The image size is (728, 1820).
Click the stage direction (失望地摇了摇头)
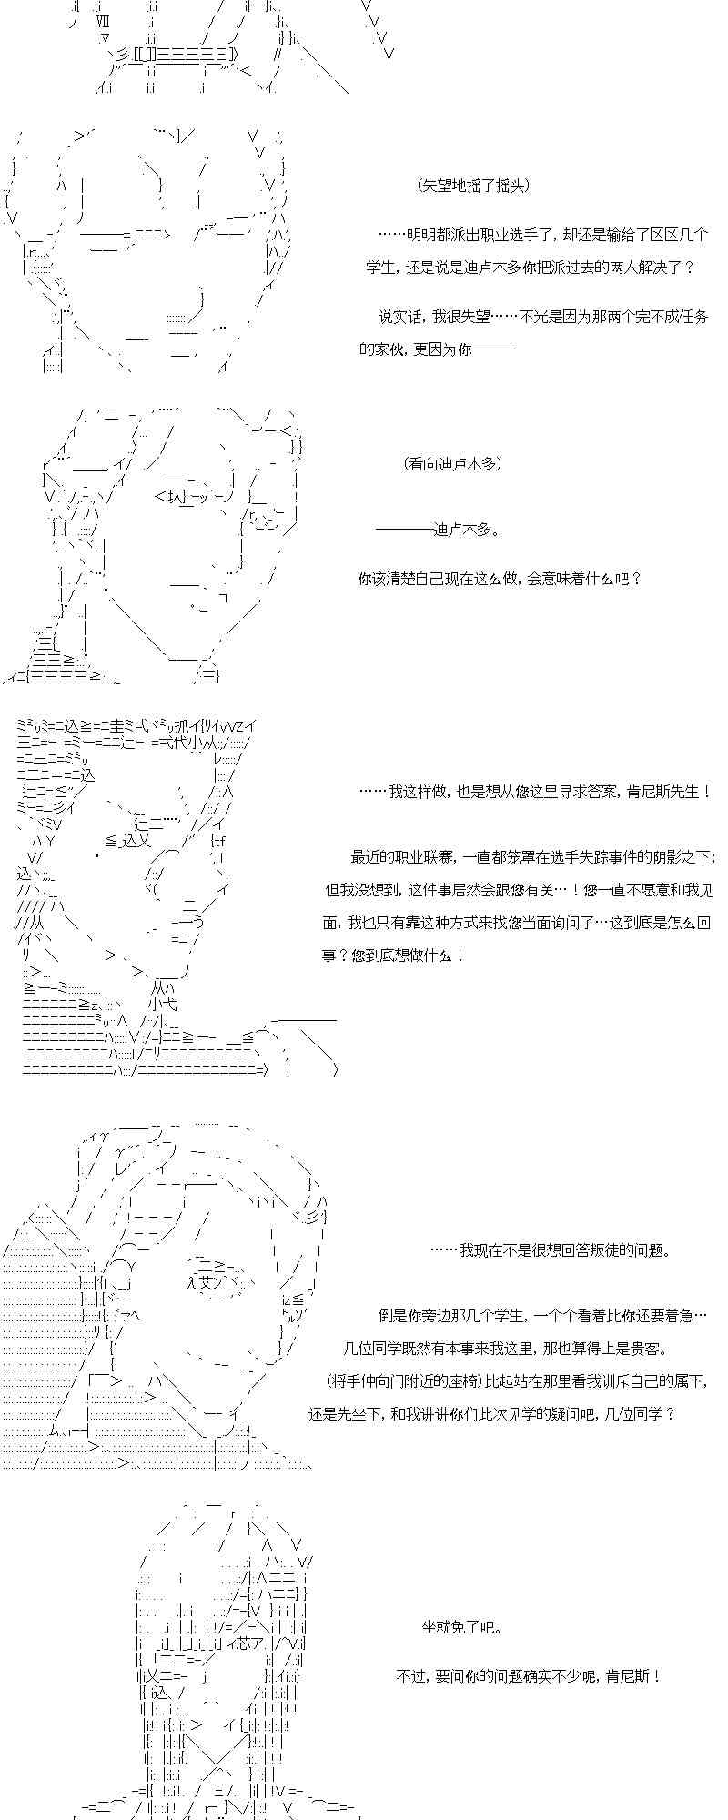pyautogui.click(x=473, y=186)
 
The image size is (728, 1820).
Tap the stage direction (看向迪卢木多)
pyautogui.click(x=451, y=464)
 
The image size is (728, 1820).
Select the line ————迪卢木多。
pyautogui.click(x=437, y=530)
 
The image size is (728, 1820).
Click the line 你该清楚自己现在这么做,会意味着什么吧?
pyautogui.click(x=500, y=579)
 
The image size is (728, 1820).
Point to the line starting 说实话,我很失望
pyautogui.click(x=543, y=318)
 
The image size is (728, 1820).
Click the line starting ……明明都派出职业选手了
pyautogui.click(x=542, y=235)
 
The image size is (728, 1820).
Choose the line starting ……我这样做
pyautogui.click(x=534, y=792)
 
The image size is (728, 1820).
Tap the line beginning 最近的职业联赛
pyautogui.click(x=533, y=857)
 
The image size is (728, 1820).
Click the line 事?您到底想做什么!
pyautogui.click(x=393, y=955)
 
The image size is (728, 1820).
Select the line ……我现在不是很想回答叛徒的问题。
pyautogui.click(x=551, y=1250)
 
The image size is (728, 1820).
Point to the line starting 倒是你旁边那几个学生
pyautogui.click(x=542, y=1316)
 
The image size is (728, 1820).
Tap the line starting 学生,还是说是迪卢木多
pyautogui.click(x=531, y=268)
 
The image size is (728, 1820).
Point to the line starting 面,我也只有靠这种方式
pyautogui.click(x=516, y=923)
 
